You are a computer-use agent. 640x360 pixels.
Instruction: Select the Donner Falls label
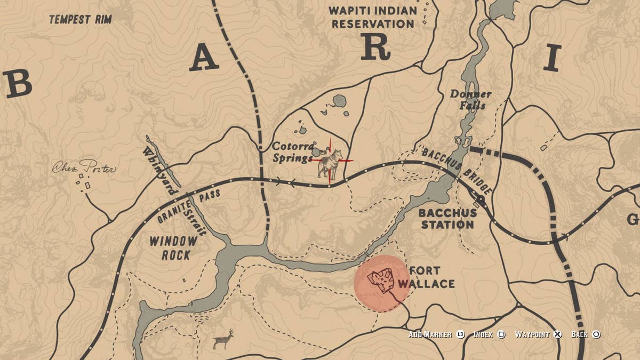(x=470, y=99)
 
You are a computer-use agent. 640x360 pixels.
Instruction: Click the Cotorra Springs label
(x=292, y=152)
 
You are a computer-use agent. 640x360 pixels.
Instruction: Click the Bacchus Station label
(x=447, y=219)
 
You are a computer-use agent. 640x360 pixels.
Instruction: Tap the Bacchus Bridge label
(x=457, y=170)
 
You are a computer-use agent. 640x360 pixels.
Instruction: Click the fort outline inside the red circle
(x=381, y=280)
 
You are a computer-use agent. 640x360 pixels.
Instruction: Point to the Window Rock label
(x=173, y=248)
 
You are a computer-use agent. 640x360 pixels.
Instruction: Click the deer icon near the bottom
(x=223, y=339)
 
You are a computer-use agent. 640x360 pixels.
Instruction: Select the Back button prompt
(x=586, y=334)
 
